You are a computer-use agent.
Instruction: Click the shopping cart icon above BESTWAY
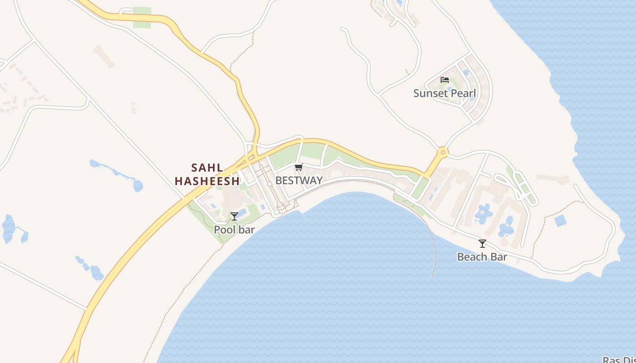[298, 167]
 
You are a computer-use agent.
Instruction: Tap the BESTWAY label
[299, 181]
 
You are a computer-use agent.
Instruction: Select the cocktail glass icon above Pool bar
[234, 216]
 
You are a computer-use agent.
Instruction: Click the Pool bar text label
[234, 230]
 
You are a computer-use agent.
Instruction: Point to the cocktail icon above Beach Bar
[482, 244]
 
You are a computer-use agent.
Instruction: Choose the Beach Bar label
[482, 257]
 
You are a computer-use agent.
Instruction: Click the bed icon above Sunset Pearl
[445, 80]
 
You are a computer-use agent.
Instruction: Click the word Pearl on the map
[464, 93]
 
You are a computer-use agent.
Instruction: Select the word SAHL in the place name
[207, 168]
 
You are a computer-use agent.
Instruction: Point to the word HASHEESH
[207, 181]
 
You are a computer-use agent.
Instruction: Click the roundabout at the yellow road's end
[442, 152]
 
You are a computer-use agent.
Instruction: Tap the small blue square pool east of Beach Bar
[561, 221]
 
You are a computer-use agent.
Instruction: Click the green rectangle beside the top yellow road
[142, 18]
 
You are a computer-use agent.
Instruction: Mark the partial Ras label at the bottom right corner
[619, 360]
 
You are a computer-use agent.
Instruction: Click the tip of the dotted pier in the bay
[432, 276]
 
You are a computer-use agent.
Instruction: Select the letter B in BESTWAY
[279, 181]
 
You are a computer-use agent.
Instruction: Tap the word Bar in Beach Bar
[499, 257]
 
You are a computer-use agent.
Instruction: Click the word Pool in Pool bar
[224, 230]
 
